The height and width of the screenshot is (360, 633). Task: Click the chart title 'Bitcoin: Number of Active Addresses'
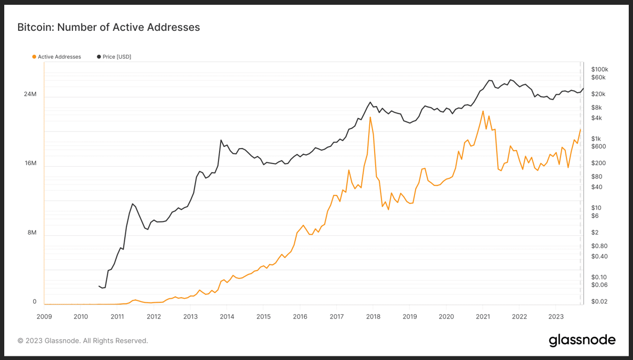coord(109,27)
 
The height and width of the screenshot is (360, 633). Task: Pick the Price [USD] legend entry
coord(114,57)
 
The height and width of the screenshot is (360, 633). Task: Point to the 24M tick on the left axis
coord(30,94)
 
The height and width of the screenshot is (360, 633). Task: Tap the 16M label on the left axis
coord(30,163)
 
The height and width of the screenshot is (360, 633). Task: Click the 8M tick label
coord(31,233)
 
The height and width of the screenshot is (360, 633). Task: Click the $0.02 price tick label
coord(599,302)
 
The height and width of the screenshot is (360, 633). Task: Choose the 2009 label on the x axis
coord(44,316)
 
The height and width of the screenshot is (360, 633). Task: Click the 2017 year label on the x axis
coord(336,316)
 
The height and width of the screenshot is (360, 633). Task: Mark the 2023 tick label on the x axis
coord(555,316)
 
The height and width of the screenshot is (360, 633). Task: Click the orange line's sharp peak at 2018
coord(370,117)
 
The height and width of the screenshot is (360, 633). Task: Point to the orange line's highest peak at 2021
coord(483,111)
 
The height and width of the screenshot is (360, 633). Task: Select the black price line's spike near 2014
coord(221,140)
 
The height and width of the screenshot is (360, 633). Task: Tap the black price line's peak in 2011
coord(132,204)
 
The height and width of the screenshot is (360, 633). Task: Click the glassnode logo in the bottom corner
coord(582,340)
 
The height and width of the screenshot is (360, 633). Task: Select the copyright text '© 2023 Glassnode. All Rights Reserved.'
coord(83,341)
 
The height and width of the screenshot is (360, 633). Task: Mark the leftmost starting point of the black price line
coord(99,286)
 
